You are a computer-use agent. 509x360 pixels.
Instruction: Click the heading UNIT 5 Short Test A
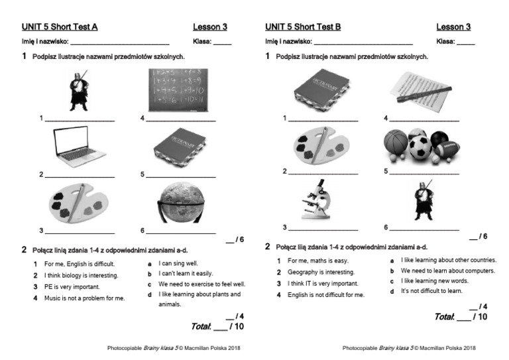[60, 27]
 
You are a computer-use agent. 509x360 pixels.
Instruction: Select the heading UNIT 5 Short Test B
[303, 27]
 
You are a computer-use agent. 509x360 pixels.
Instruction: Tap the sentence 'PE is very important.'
[72, 287]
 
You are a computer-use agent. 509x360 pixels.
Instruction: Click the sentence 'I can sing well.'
[178, 263]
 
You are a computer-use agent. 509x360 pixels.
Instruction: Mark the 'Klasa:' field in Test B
[455, 42]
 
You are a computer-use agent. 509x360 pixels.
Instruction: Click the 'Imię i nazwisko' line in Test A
[99, 42]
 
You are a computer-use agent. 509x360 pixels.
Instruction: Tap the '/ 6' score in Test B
[478, 237]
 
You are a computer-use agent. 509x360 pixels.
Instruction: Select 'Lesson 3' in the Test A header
[210, 27]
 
